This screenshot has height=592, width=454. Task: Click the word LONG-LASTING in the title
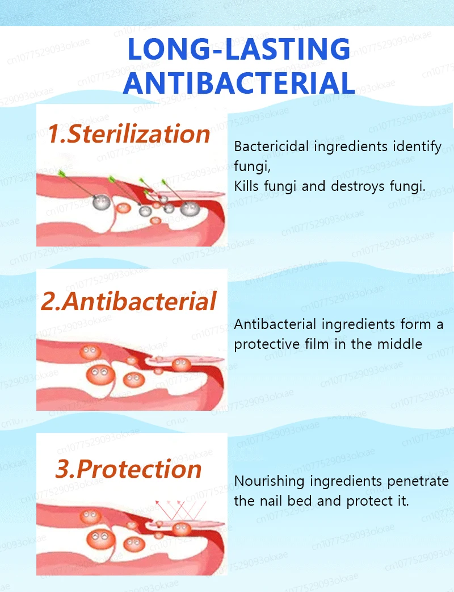point(239,49)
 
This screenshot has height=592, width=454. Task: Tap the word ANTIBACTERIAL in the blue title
point(239,83)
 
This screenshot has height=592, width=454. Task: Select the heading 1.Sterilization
point(129,134)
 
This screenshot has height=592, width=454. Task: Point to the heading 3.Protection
point(129,469)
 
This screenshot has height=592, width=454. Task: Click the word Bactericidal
point(271,146)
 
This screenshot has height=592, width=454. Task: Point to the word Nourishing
point(269,482)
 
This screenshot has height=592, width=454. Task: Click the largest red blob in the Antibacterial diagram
point(100,375)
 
